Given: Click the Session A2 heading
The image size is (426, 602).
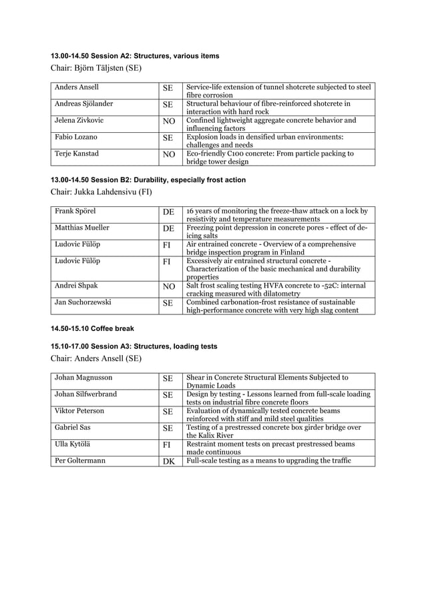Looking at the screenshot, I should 135,55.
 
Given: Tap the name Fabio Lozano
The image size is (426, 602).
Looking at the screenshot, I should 75,137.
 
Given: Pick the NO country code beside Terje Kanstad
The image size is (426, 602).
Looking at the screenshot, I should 168,155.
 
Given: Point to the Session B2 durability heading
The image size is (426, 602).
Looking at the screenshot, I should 148,180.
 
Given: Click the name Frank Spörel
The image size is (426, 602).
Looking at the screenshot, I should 75,211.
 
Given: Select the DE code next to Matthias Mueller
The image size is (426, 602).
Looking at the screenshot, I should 168,229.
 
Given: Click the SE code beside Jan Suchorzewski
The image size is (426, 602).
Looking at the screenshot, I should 168,303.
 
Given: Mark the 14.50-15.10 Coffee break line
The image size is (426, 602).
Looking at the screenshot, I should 92,329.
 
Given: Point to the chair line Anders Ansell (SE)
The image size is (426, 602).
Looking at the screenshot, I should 95,359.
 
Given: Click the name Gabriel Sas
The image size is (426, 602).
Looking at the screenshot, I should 73,427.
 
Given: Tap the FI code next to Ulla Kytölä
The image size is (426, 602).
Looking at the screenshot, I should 168,445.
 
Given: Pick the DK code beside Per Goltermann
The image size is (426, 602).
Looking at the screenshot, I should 168,461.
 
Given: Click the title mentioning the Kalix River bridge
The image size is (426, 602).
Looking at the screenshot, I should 273,431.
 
